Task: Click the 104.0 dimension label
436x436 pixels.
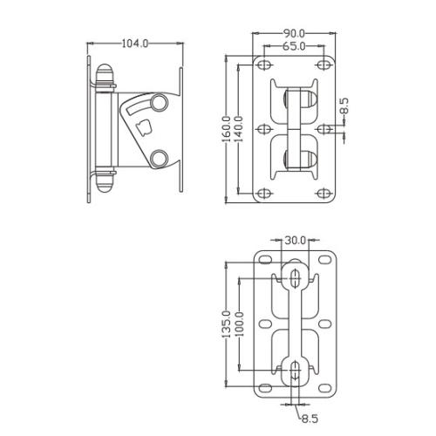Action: [x=135, y=44]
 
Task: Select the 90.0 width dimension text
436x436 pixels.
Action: [x=294, y=34]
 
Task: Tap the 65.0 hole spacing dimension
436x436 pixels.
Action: [x=294, y=46]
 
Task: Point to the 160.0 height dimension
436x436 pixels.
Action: [x=227, y=129]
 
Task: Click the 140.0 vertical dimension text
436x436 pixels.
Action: [x=238, y=129]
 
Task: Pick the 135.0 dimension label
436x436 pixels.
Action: [x=227, y=324]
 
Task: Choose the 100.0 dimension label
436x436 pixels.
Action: [x=239, y=324]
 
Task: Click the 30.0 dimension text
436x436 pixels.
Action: [x=295, y=241]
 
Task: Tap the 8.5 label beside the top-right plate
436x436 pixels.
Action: [x=344, y=106]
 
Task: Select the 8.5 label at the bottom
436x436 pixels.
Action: [x=310, y=419]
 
